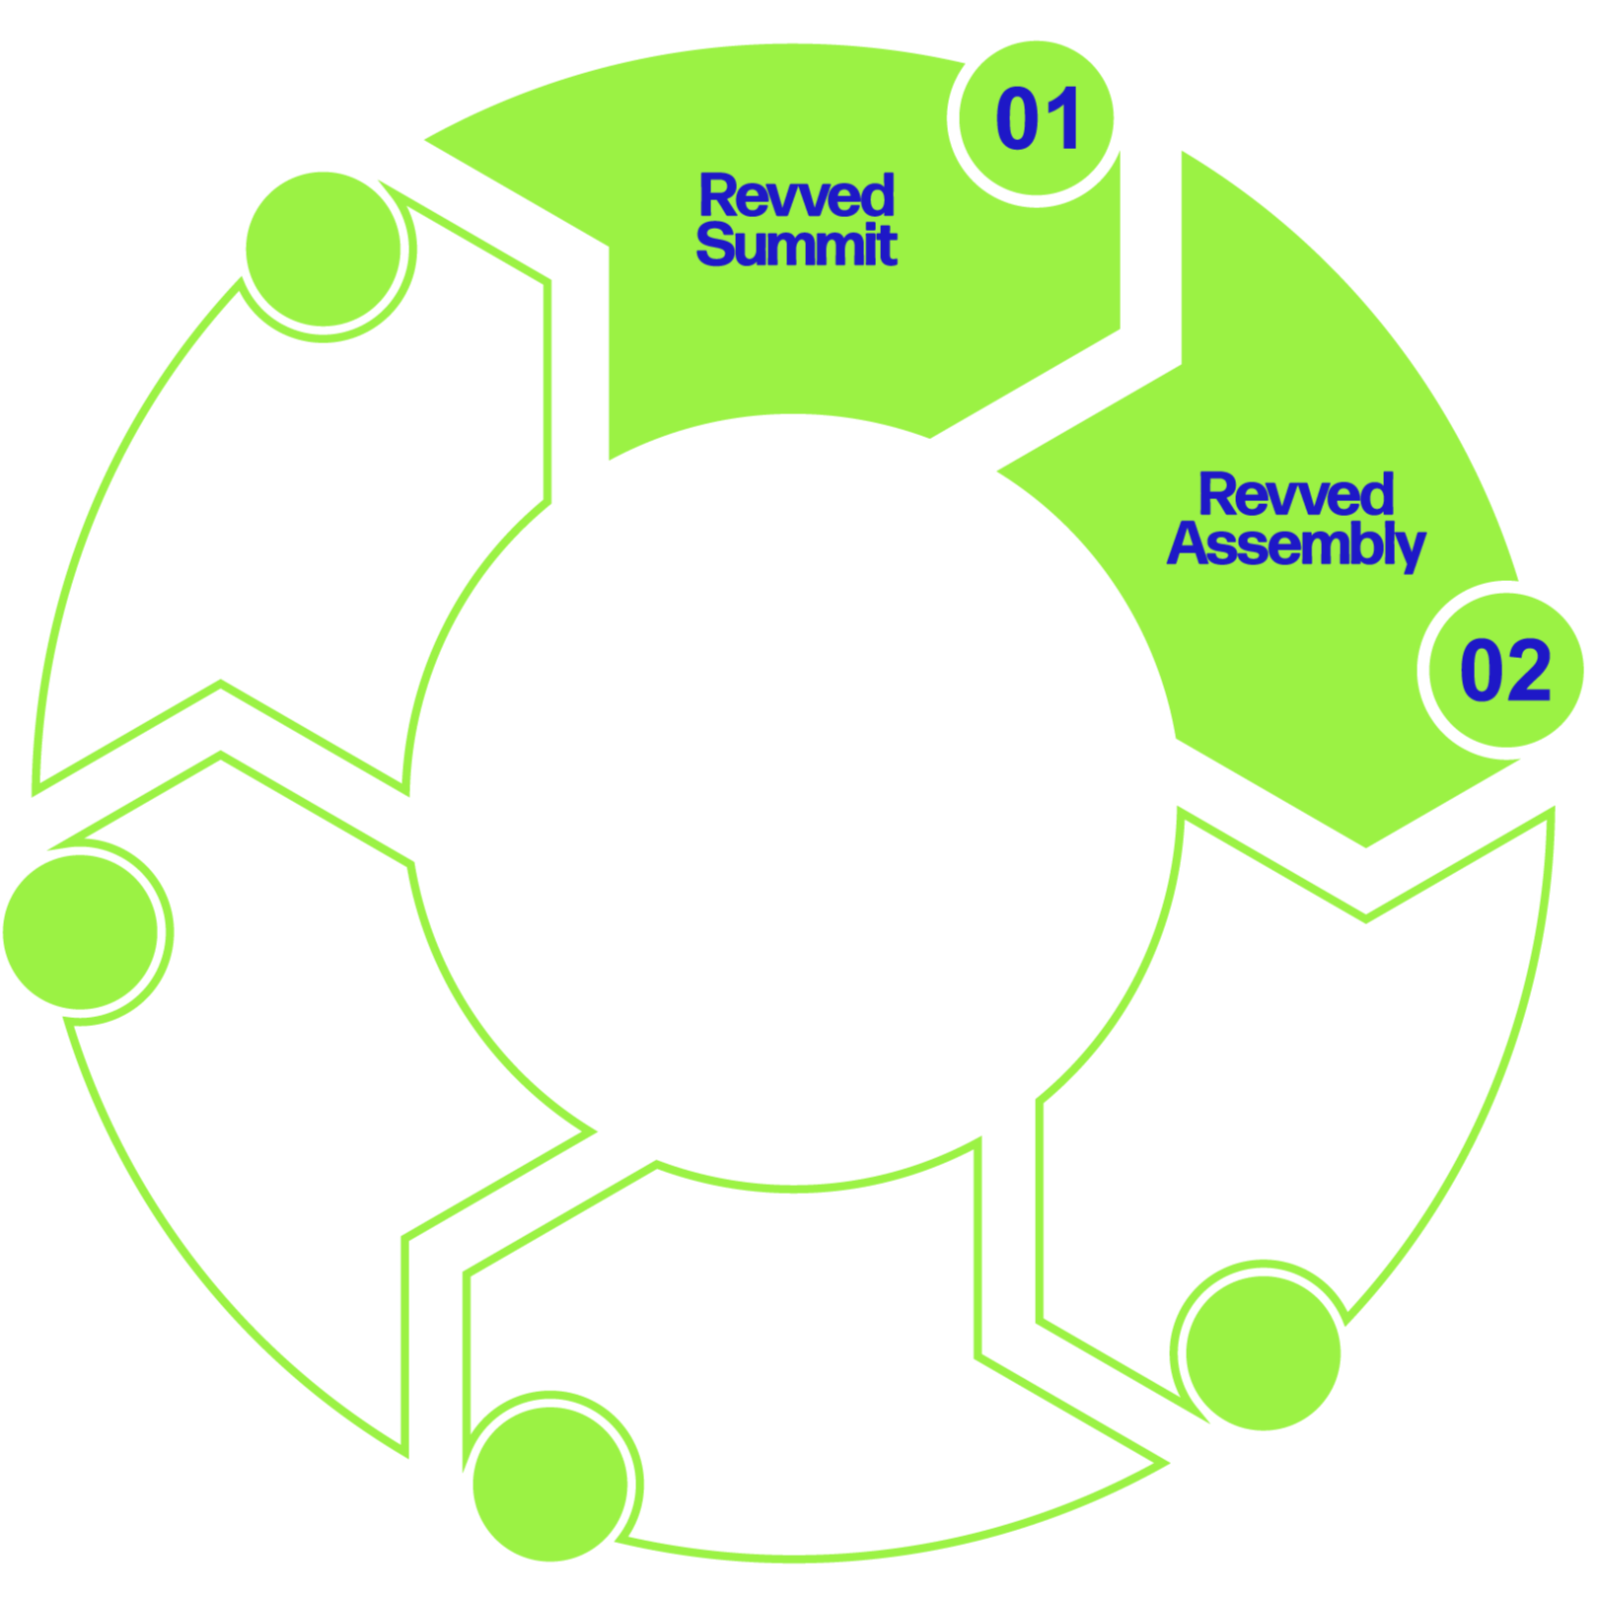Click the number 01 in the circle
[x=1037, y=119]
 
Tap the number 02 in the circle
[x=1504, y=672]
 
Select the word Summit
[x=796, y=245]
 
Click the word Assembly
[x=1296, y=545]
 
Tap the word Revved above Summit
[x=796, y=195]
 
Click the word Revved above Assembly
[x=1296, y=494]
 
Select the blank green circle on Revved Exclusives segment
[x=324, y=249]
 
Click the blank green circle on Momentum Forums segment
[x=81, y=931]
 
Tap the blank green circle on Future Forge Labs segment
[x=550, y=1483]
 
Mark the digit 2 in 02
[x=1530, y=672]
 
